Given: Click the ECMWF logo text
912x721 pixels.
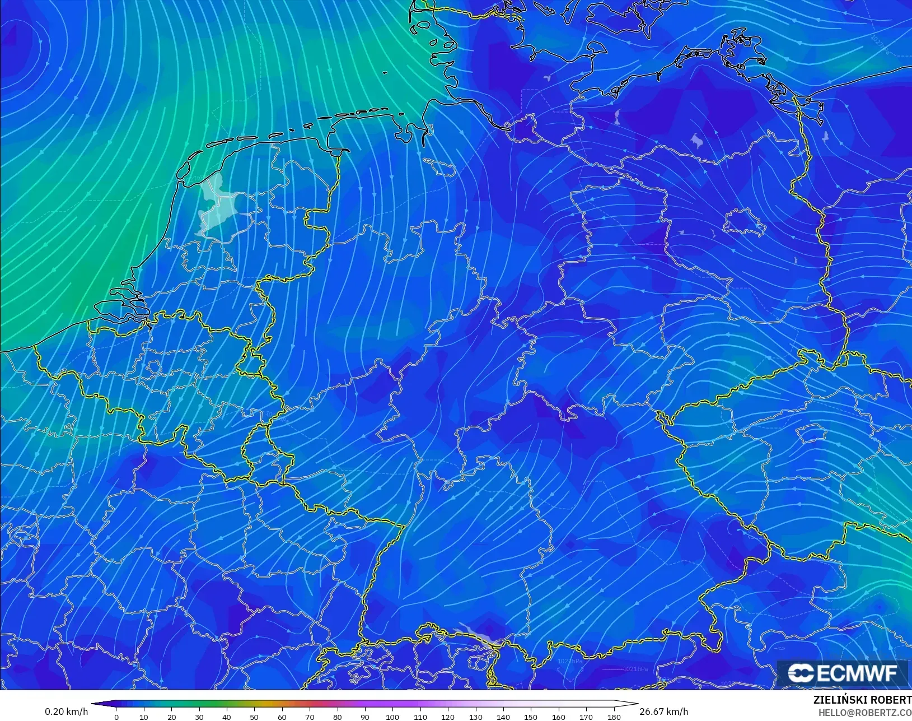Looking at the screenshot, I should (857, 673).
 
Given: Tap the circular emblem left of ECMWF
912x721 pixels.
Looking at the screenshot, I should (801, 673).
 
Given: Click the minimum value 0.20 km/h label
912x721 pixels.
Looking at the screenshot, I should (66, 711).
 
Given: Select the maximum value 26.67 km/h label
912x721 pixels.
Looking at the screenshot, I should (663, 711).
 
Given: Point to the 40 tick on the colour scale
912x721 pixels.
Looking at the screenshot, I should (227, 717).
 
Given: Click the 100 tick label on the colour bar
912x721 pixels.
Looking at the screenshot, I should (392, 717).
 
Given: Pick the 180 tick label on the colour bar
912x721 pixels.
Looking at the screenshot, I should (614, 717).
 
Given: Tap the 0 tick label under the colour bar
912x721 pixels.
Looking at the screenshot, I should (116, 717).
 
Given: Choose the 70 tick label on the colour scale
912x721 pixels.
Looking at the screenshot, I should (310, 717).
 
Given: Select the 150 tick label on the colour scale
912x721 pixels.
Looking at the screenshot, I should (531, 717).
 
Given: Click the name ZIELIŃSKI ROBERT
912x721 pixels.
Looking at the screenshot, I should (862, 700).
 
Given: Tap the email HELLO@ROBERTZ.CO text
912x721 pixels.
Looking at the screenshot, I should (865, 713).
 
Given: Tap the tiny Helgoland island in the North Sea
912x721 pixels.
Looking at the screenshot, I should (385, 72).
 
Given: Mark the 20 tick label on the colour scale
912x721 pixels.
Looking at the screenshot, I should (171, 717).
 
